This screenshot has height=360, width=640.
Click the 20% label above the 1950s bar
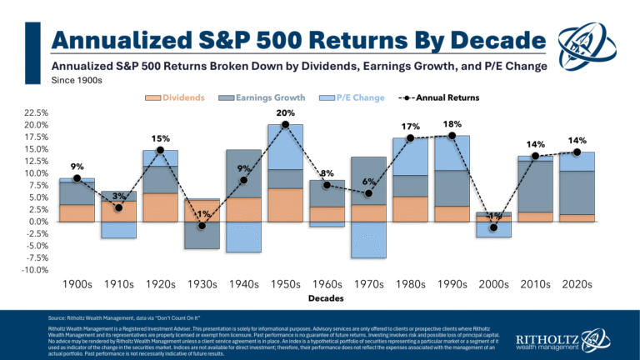[285, 112]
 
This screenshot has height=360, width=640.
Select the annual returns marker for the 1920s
[160, 150]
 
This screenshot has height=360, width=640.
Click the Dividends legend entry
[178, 98]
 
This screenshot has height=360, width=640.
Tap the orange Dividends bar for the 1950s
[285, 205]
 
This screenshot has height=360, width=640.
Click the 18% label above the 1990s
[452, 123]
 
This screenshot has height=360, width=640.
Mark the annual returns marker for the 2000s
[493, 227]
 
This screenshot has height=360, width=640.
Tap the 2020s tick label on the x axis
[577, 284]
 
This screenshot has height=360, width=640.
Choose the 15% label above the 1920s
[160, 138]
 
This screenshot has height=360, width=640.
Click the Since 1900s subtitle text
[77, 82]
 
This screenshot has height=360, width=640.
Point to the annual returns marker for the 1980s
[410, 137]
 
